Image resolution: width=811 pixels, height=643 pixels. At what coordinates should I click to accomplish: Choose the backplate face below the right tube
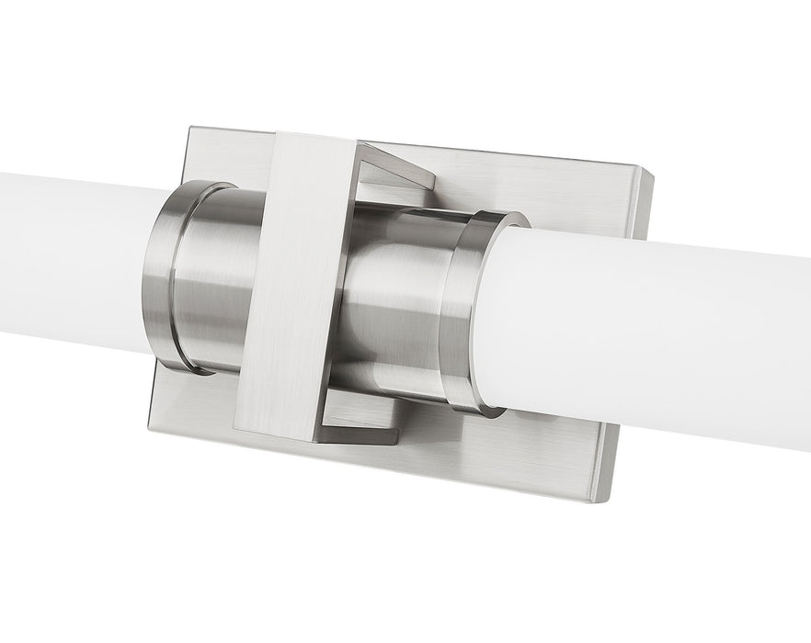point(552,441)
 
